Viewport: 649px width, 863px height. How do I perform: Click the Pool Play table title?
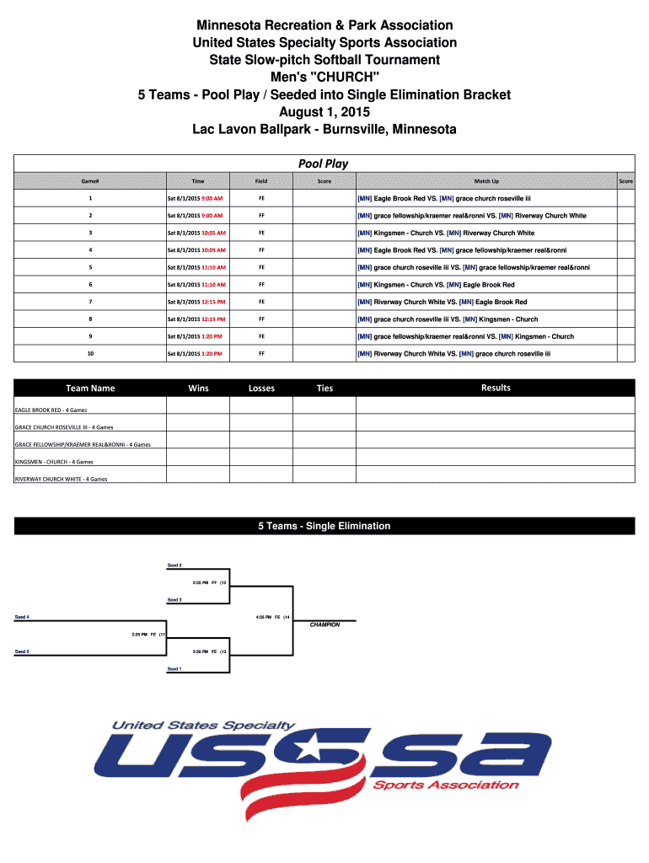tap(324, 163)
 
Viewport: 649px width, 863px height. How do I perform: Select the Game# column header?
tap(90, 181)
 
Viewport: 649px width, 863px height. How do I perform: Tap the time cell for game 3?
tap(196, 233)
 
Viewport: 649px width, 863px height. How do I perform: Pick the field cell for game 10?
tap(261, 354)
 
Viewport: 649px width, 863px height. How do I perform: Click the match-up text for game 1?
tap(444, 199)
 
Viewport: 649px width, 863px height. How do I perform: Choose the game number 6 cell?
tap(90, 285)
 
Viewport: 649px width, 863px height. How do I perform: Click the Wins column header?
tap(198, 389)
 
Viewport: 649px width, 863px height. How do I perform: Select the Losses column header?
tap(261, 389)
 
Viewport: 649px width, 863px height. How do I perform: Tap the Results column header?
tap(495, 388)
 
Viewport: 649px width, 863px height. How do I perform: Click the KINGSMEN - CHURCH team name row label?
tap(54, 462)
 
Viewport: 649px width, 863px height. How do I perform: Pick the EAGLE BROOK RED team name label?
tap(51, 410)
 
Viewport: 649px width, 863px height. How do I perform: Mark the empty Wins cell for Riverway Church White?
tap(198, 476)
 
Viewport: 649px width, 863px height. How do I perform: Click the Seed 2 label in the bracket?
tap(174, 565)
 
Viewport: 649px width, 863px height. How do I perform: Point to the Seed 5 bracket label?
tap(23, 651)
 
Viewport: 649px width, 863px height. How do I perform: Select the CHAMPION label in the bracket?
tap(324, 625)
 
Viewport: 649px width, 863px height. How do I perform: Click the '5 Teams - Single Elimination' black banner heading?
tap(324, 526)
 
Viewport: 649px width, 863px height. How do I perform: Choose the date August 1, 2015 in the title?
tap(324, 112)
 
